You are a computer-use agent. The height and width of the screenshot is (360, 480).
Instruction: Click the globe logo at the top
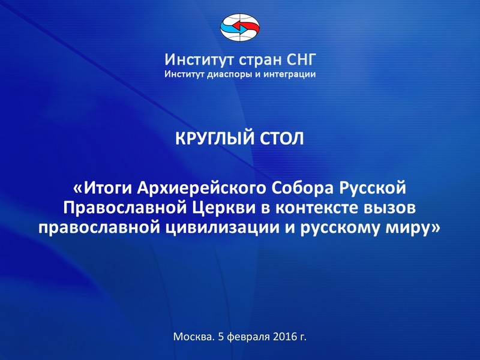tap(240, 28)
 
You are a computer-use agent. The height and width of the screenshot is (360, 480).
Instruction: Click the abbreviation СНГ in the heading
tap(301, 59)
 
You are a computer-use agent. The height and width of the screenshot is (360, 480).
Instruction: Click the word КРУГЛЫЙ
tap(215, 139)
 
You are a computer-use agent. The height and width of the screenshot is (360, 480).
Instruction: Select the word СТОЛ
tap(282, 139)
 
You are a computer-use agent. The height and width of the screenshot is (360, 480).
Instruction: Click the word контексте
tap(316, 208)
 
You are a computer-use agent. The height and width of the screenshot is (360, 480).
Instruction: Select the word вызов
tap(388, 208)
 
